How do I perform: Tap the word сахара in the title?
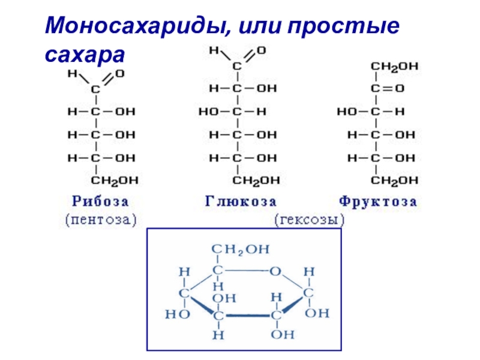83,55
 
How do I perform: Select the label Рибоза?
101,201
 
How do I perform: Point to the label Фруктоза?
377,201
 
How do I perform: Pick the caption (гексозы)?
310,220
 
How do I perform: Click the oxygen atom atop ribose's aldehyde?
119,74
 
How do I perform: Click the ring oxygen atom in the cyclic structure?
275,271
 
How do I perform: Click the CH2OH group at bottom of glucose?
256,180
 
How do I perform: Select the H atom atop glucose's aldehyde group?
214,51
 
